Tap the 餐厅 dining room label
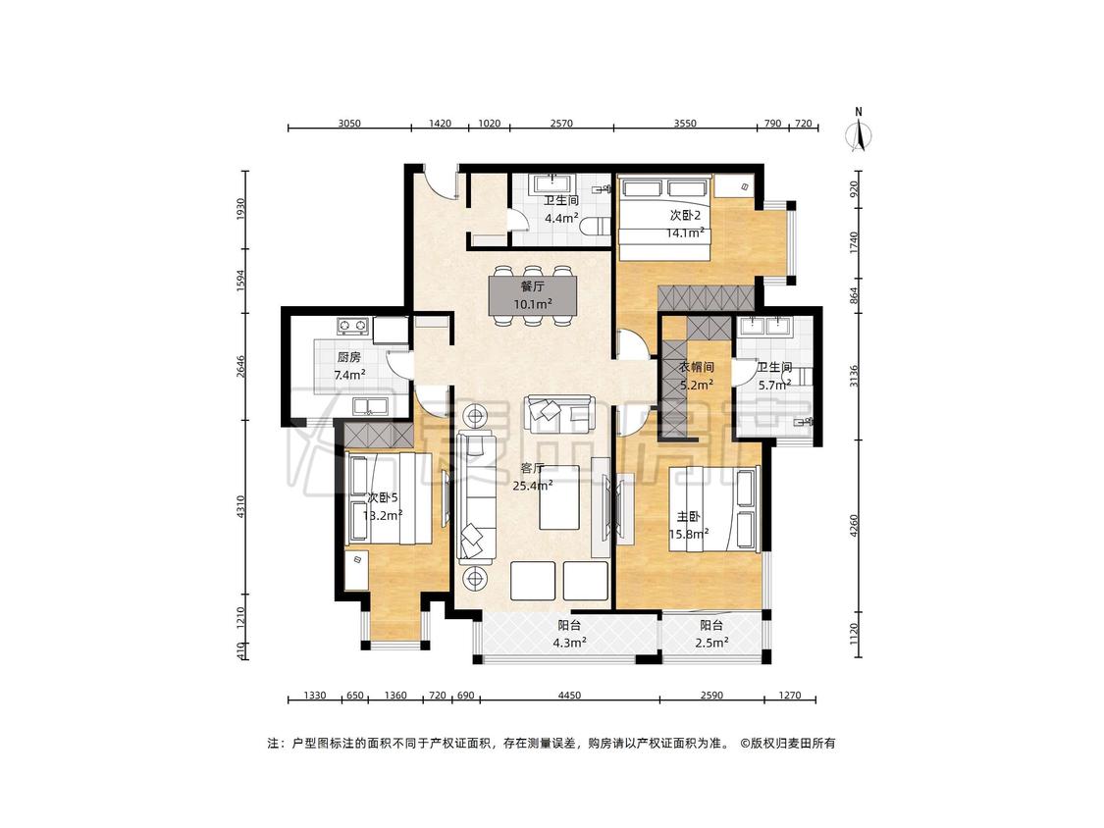click(x=532, y=286)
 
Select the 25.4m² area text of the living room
click(x=532, y=485)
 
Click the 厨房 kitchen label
click(x=349, y=358)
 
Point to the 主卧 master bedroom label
click(x=688, y=517)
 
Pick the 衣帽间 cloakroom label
click(x=697, y=368)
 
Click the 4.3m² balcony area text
click(x=569, y=643)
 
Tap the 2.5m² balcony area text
click(x=711, y=643)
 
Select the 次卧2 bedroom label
click(x=685, y=216)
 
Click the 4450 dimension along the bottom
click(x=569, y=696)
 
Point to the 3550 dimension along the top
click(x=684, y=124)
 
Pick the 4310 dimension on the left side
click(x=240, y=507)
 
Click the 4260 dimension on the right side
click(x=854, y=526)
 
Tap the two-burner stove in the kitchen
click(x=352, y=326)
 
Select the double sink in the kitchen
click(x=370, y=405)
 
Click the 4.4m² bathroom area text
click(x=562, y=218)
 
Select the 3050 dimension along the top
click(x=349, y=124)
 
